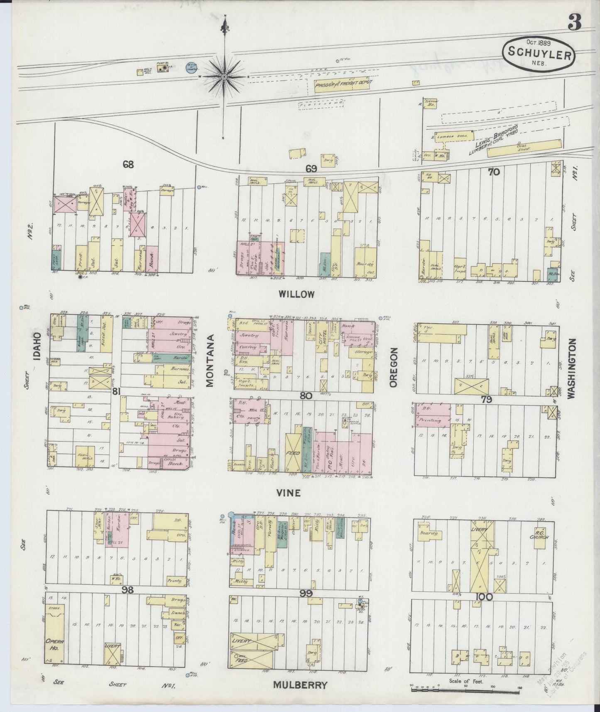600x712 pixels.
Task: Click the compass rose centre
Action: pos(224,76)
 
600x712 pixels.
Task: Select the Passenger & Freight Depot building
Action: pos(343,83)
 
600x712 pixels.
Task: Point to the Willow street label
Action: pos(296,294)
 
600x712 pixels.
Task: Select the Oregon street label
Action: pos(394,367)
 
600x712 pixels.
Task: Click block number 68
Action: pos(128,164)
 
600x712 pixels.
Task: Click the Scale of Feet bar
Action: pos(465,689)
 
